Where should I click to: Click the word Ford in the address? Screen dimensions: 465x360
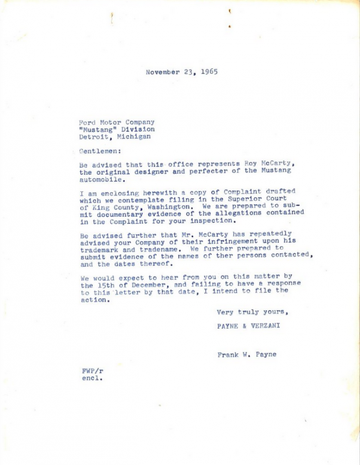click(x=88, y=121)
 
